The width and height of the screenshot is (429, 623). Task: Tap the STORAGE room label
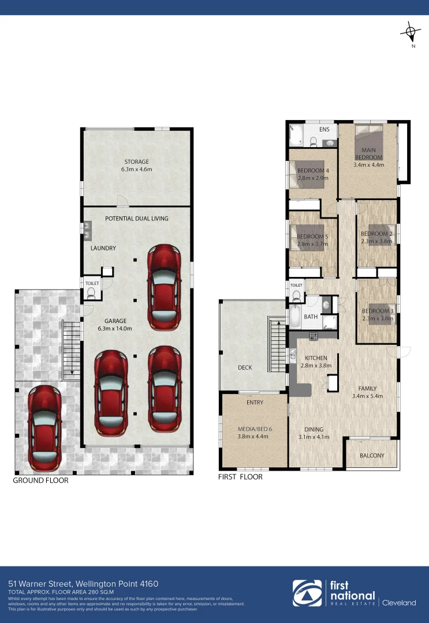[136, 162]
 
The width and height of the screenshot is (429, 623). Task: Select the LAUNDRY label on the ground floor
[103, 248]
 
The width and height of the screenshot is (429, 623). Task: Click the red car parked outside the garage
[45, 426]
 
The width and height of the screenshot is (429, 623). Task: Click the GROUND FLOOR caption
[40, 480]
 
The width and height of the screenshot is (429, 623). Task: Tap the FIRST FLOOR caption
[240, 477]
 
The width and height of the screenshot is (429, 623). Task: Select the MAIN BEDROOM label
[368, 153]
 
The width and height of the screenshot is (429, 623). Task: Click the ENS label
[324, 129]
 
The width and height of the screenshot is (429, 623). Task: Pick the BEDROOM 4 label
[313, 171]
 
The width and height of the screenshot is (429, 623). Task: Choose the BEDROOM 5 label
[312, 237]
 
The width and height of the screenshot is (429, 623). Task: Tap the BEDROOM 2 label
[376, 234]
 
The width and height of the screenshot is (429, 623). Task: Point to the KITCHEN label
[316, 358]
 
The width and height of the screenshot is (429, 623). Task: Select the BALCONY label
[372, 456]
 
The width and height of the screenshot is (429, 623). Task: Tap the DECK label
[245, 367]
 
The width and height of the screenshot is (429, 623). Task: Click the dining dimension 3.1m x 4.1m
[314, 437]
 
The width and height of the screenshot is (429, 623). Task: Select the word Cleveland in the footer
[399, 603]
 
